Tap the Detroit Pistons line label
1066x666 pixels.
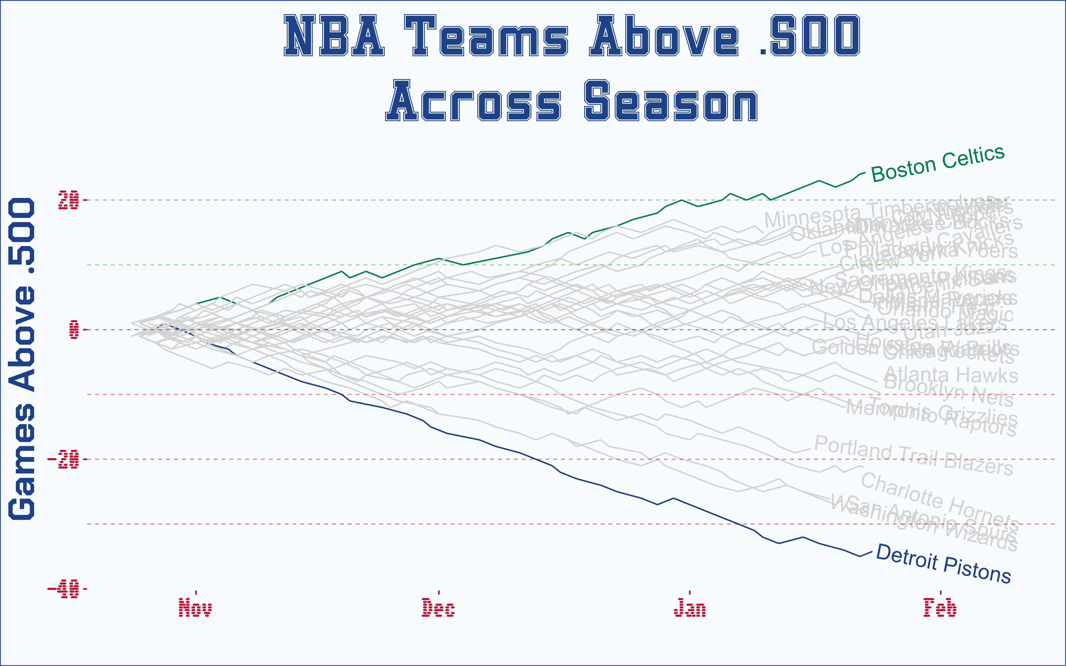point(944,564)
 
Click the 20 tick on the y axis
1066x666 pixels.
point(69,200)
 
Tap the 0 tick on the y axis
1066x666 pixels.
point(74,329)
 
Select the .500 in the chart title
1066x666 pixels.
point(810,36)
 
